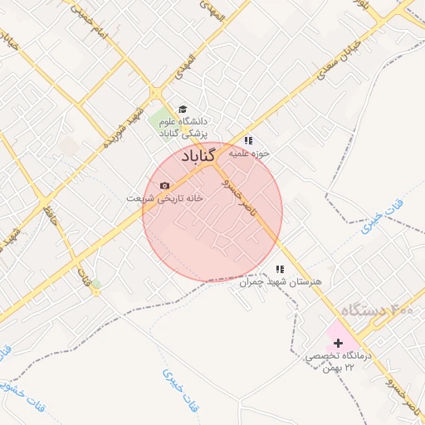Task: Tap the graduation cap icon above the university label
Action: pyautogui.click(x=183, y=109)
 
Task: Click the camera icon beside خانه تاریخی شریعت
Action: pyautogui.click(x=164, y=185)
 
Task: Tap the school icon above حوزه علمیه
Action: pyautogui.click(x=248, y=140)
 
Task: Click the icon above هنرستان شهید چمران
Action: pyautogui.click(x=280, y=269)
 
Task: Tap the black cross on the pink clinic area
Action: pyautogui.click(x=338, y=342)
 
